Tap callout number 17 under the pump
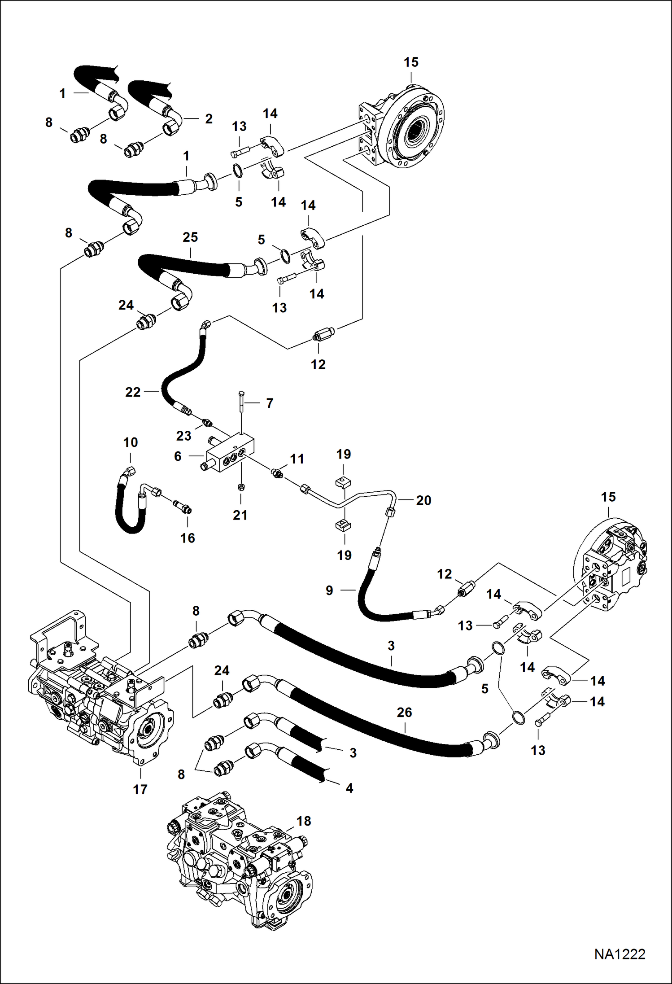point(140,789)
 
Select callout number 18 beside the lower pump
point(304,821)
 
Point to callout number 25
point(190,237)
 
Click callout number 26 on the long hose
point(404,712)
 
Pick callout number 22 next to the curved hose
point(133,392)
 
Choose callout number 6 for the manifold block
point(178,456)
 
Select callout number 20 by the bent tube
point(423,500)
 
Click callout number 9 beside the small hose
point(329,590)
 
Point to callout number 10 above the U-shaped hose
point(131,442)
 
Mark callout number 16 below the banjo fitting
point(188,538)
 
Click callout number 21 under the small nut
point(240,515)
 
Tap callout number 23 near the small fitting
point(183,435)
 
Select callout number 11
point(297,459)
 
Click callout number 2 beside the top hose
point(209,118)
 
